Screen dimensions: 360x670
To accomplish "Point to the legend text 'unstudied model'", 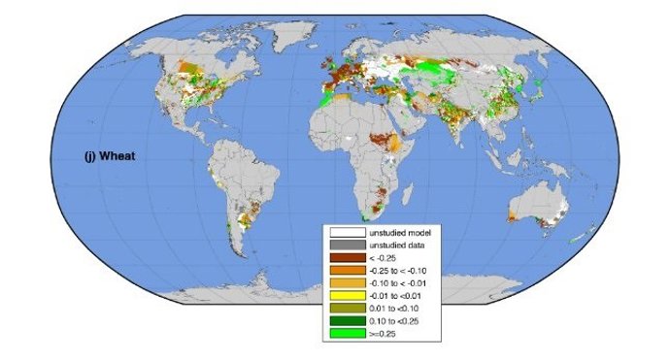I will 398,233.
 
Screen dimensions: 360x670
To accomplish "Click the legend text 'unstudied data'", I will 395,245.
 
